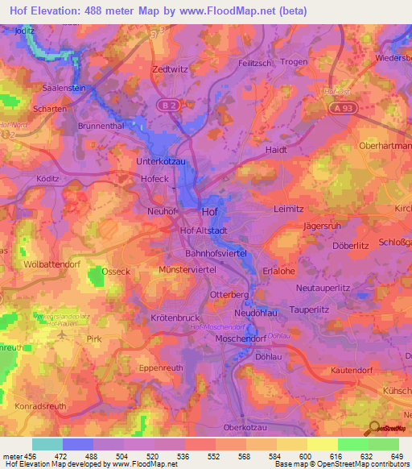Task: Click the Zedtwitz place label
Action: [x=169, y=69]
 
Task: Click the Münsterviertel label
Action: [x=188, y=269]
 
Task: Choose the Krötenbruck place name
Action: [x=174, y=318]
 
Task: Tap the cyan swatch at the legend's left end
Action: [x=47, y=444]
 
